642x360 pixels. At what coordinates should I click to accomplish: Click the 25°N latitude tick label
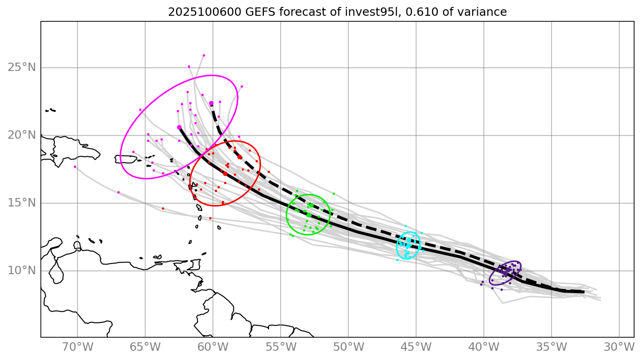point(22,68)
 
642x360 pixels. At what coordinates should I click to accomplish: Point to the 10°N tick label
point(22,270)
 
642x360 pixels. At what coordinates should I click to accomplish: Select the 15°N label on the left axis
point(22,203)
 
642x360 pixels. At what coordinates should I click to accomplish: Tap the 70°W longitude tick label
point(77,347)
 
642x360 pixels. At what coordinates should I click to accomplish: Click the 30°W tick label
point(619,347)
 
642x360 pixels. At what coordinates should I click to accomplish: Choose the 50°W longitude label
point(348,347)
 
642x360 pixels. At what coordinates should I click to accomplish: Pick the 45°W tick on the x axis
point(416,347)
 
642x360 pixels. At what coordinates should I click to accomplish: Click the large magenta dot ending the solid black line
point(179,127)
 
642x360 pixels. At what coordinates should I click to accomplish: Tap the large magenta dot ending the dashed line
point(211,103)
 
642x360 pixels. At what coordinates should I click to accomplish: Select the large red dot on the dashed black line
point(239,157)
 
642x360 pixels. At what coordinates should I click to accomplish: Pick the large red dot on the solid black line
point(225,174)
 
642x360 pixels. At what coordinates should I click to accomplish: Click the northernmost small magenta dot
point(204,55)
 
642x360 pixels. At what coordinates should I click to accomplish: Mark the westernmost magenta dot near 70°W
point(75,167)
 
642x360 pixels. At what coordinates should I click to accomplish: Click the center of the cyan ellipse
point(408,245)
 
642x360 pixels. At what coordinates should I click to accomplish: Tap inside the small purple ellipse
point(505,273)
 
